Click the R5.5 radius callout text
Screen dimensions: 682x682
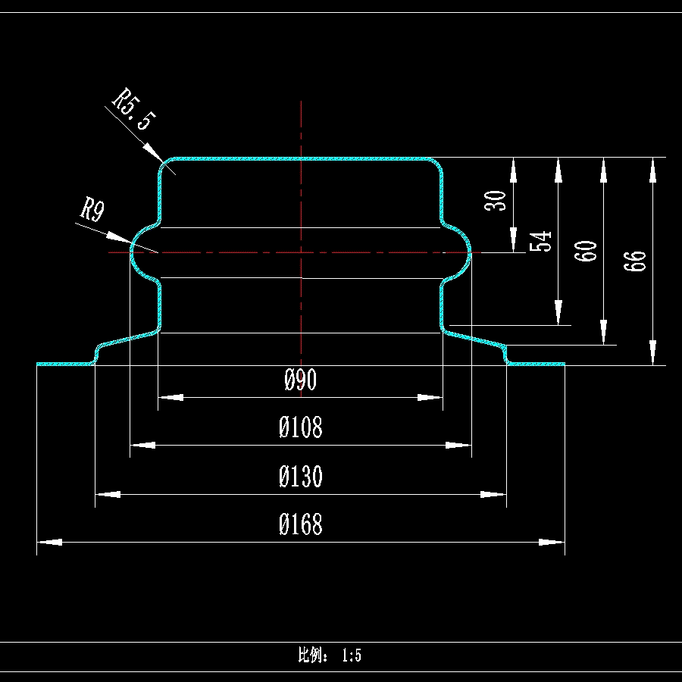coord(134,110)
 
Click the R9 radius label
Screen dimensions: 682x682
coord(92,209)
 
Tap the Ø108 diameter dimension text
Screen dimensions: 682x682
coord(301,428)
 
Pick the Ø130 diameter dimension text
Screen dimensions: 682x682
coord(301,477)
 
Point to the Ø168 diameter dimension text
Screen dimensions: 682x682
coord(301,524)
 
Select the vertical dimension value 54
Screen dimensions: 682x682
coord(541,242)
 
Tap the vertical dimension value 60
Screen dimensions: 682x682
coord(586,250)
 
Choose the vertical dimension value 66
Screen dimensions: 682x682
coord(637,260)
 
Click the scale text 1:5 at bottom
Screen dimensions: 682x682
coord(351,655)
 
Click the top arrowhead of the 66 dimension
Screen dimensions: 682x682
coord(653,170)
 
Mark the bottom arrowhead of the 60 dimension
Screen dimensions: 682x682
coord(603,333)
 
